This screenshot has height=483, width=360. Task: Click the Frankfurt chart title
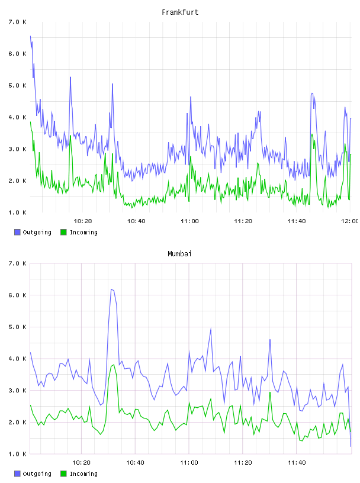coord(180,12)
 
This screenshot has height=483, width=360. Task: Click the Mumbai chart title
coord(179,253)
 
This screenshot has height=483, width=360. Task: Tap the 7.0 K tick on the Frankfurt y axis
coord(17,22)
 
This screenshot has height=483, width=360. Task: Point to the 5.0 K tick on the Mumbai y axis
coord(17,327)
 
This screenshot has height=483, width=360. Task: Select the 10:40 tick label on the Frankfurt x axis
coord(136,221)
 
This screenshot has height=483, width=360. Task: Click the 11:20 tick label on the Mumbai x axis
coord(243,462)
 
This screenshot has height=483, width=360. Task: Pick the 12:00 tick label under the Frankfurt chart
coord(350,221)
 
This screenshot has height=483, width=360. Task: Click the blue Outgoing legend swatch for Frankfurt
coord(17,232)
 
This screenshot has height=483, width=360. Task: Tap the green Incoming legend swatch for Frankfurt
coord(63,232)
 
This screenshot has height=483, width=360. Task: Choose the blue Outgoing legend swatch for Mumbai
coord(17,474)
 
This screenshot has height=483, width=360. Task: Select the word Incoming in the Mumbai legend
coord(83,474)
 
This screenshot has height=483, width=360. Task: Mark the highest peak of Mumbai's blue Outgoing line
coord(111,289)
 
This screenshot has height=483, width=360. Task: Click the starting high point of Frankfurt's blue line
coord(30,36)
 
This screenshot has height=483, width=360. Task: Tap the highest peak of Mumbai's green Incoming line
coord(114,365)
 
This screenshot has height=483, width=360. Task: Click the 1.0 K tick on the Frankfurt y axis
coord(17,212)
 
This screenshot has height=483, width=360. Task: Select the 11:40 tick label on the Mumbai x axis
coord(297,462)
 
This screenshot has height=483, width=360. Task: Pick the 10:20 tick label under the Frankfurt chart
coord(83,221)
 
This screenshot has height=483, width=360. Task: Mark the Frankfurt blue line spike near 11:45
coord(312,94)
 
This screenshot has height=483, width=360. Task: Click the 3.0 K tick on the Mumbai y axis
coord(17,390)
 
